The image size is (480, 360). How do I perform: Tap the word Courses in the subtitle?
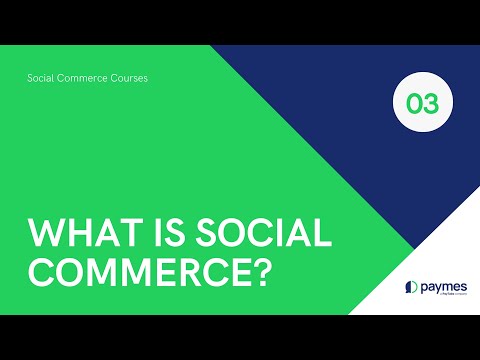[x=130, y=77]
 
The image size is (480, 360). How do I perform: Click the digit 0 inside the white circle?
[x=411, y=104]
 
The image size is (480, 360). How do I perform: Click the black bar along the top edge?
[x=240, y=21]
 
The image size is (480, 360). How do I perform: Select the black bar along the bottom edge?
[x=240, y=337]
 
